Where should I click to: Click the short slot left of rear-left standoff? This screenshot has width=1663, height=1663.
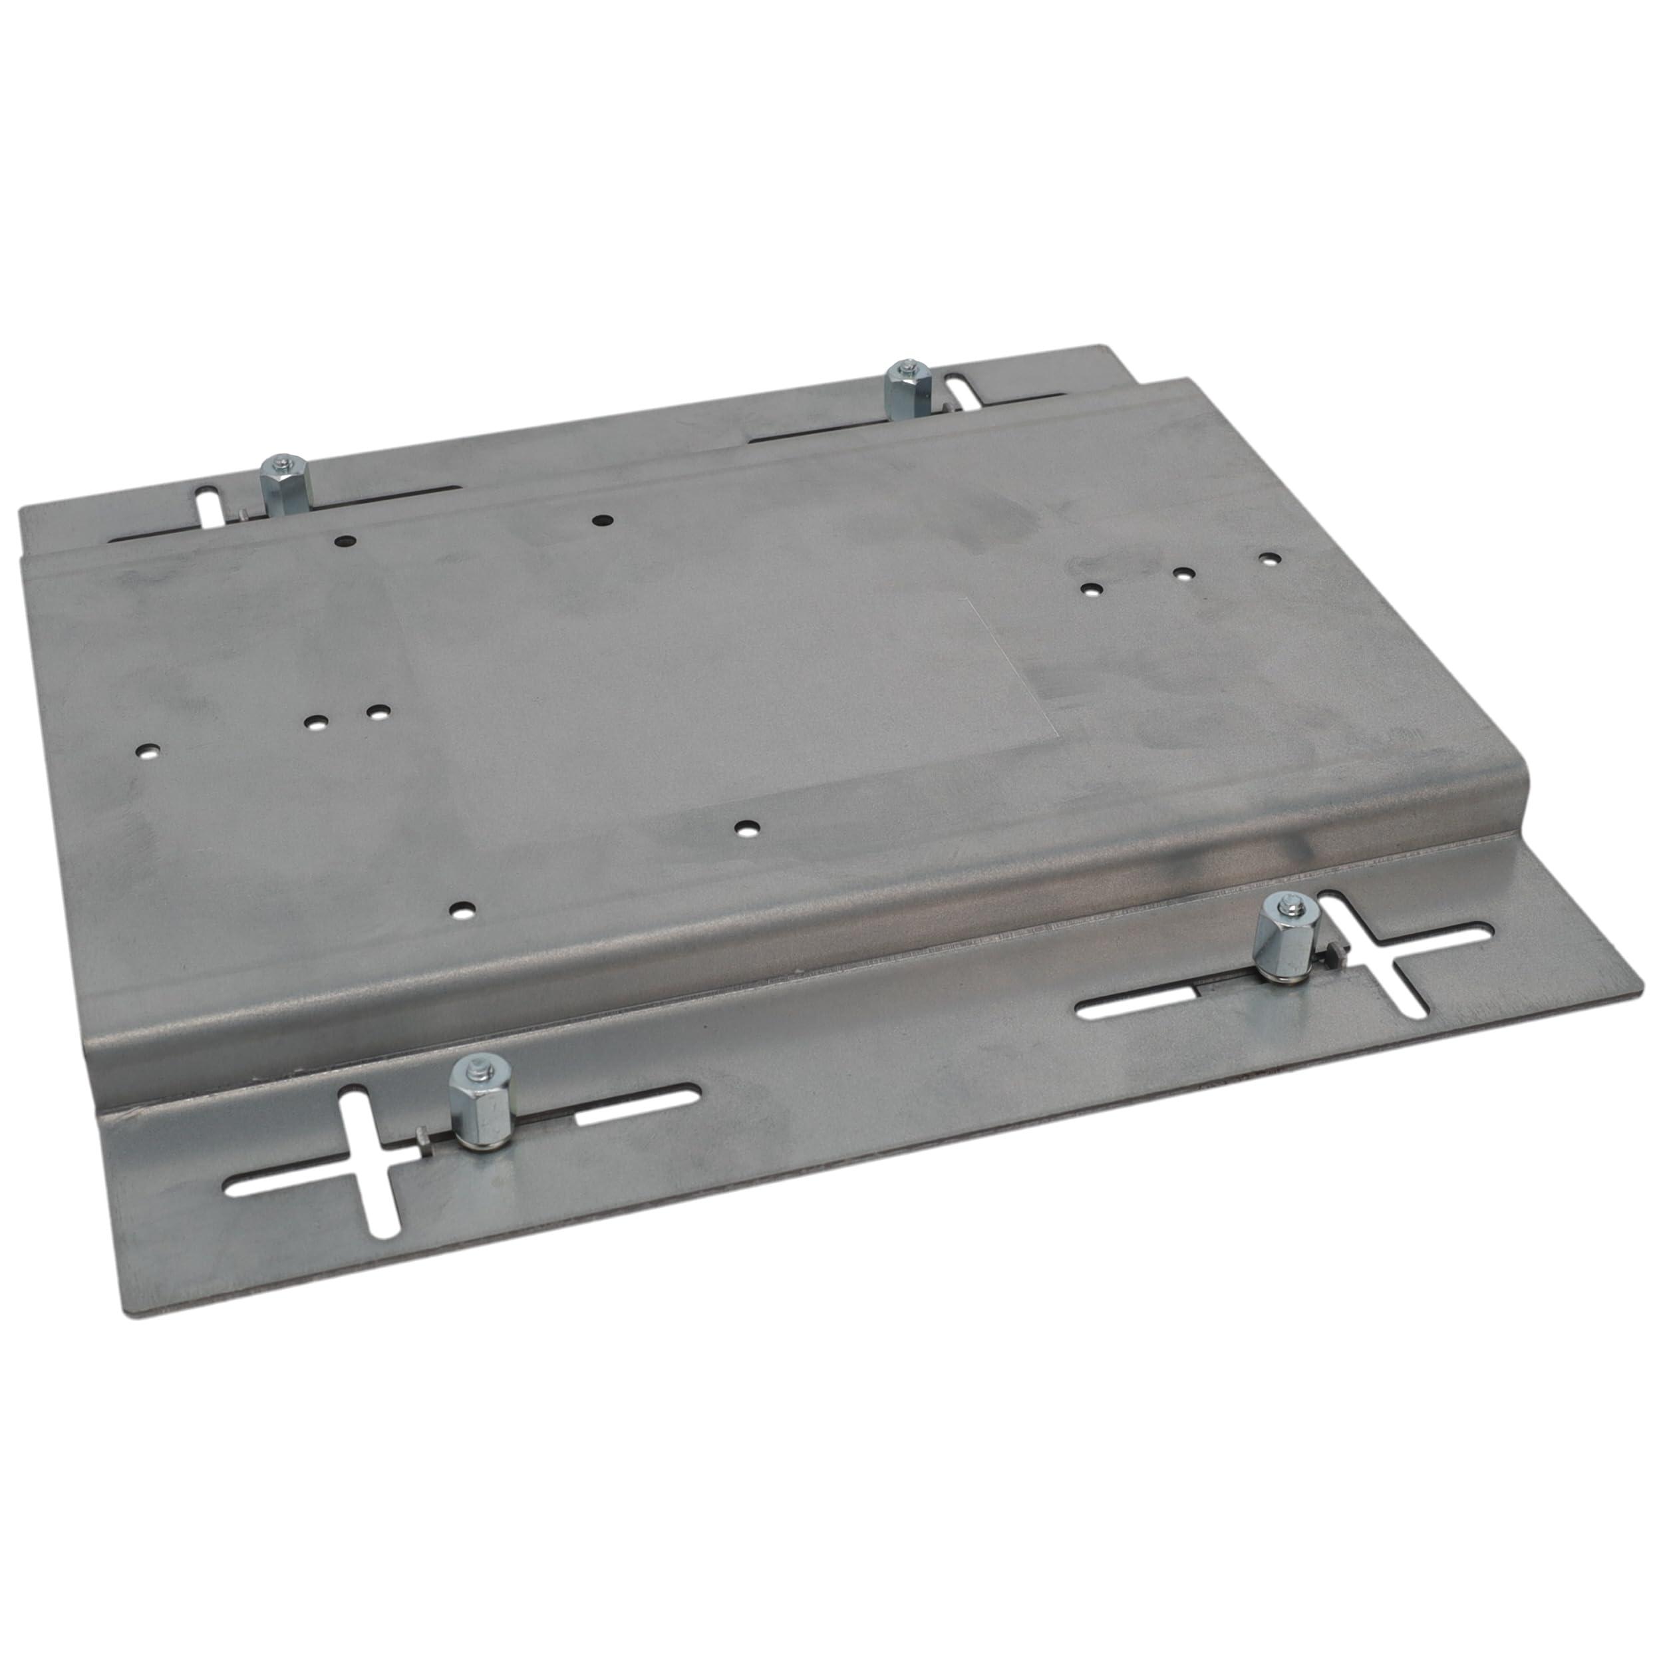[208, 515]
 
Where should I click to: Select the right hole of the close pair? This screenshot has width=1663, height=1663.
[376, 712]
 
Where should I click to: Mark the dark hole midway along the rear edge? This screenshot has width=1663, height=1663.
[602, 520]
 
